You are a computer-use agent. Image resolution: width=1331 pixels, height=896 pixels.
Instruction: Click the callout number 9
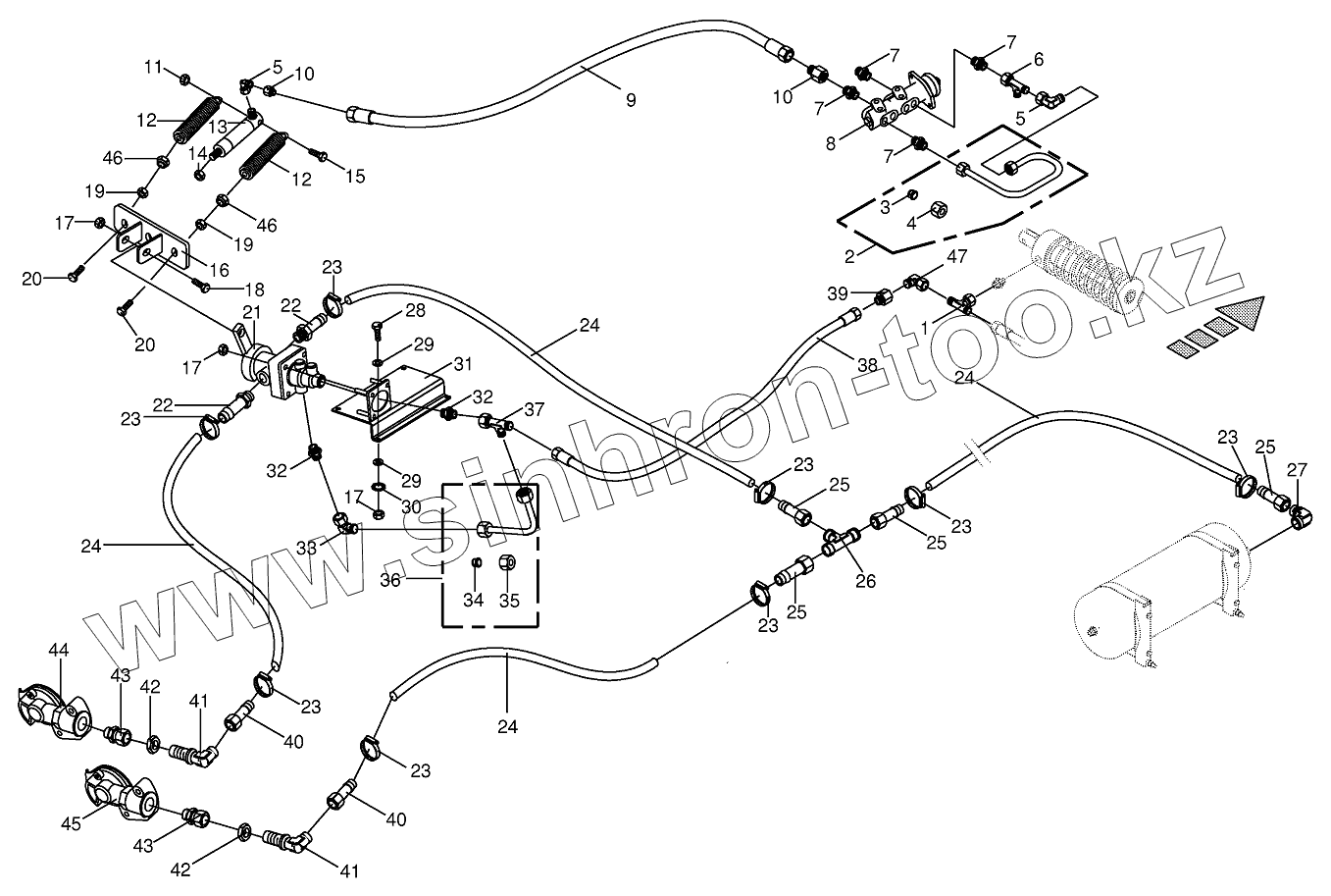[631, 100]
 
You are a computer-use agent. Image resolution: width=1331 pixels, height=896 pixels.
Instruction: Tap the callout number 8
[830, 143]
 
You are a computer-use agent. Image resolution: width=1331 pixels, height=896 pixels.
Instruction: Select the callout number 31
[462, 364]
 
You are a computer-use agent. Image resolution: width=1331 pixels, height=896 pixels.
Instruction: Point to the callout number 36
[390, 580]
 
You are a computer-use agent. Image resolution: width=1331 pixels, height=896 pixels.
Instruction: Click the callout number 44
[58, 650]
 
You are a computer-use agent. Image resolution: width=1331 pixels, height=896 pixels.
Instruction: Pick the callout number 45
[71, 824]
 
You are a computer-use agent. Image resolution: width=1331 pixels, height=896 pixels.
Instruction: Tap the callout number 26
[866, 581]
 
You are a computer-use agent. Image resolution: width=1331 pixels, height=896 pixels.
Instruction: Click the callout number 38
[867, 365]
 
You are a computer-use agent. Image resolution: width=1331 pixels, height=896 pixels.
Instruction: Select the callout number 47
[956, 256]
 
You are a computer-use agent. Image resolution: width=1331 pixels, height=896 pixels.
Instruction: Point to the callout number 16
[220, 271]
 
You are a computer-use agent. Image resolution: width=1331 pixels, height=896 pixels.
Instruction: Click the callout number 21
[252, 313]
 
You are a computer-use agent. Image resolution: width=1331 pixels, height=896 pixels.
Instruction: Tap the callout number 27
[1297, 470]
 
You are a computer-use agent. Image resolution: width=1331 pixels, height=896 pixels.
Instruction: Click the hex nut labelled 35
[507, 561]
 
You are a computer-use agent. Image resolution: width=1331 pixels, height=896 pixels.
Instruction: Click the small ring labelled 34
[476, 562]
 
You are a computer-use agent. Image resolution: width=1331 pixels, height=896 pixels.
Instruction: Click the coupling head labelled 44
[55, 712]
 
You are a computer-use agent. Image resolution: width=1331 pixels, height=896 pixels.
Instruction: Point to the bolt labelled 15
[319, 155]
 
